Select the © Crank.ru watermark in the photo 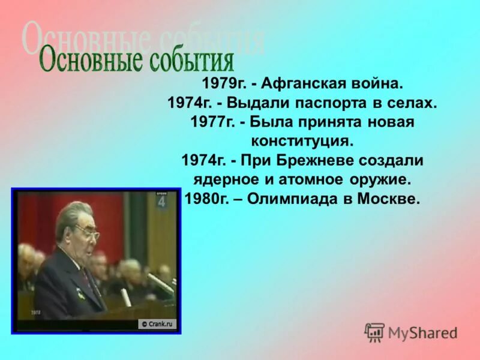157,324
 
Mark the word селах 411,104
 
